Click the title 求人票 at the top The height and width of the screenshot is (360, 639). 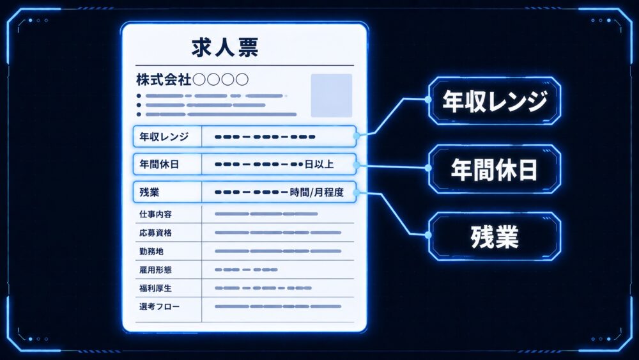(x=225, y=47)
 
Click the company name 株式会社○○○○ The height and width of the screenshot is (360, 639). (x=192, y=79)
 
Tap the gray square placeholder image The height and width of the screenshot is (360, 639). (x=331, y=95)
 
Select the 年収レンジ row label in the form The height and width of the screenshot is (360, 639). (x=164, y=137)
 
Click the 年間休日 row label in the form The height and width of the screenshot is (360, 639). (x=159, y=164)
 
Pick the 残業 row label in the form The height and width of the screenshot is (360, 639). (x=149, y=192)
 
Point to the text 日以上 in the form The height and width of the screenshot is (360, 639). (x=319, y=164)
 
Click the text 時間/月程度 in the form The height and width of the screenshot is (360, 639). (x=317, y=192)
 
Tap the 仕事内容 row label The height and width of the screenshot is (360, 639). (x=155, y=214)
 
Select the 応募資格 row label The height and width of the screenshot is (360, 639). (x=155, y=233)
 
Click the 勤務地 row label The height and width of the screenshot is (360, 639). (x=151, y=251)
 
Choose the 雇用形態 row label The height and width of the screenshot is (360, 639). (x=155, y=269)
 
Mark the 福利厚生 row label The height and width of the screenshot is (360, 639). (x=155, y=288)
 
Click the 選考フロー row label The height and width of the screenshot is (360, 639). (x=159, y=306)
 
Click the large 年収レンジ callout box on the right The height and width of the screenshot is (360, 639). (x=495, y=100)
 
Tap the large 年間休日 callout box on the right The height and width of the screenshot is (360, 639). (x=495, y=169)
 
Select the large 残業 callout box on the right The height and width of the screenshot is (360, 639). (x=495, y=237)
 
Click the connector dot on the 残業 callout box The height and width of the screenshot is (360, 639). (x=428, y=235)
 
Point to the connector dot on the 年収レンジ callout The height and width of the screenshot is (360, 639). (x=428, y=99)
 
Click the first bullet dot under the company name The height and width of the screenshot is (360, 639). (x=139, y=96)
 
